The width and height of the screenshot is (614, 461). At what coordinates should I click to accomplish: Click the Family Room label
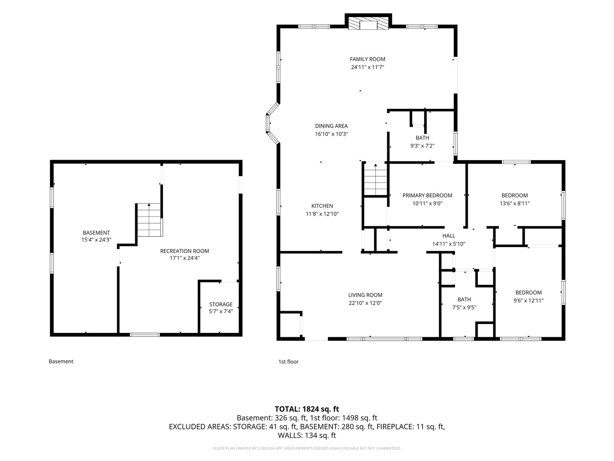point(367,59)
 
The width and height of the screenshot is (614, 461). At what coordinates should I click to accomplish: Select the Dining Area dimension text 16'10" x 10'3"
point(331,134)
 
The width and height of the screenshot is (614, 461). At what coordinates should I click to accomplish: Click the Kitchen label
point(322,206)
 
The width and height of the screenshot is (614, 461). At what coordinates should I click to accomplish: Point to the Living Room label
point(365,295)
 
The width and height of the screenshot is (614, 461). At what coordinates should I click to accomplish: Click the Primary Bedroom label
point(427,195)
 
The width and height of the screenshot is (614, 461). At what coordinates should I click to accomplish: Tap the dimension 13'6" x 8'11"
point(514,203)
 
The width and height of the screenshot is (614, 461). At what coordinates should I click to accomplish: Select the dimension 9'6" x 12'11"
point(528,301)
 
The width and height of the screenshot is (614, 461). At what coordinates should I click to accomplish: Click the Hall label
point(449,236)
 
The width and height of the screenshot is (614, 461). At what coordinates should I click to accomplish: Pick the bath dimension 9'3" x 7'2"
point(422,146)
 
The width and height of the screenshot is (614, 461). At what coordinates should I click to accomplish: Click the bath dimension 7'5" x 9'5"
point(464,307)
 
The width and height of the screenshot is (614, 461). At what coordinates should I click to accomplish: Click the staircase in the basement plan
point(149,220)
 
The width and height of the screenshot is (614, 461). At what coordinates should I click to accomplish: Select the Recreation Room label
point(184,251)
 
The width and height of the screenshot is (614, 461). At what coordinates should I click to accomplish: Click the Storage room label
point(221,304)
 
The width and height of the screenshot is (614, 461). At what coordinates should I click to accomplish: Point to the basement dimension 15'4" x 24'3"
point(96,239)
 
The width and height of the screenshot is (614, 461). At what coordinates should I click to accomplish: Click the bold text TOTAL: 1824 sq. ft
point(307,409)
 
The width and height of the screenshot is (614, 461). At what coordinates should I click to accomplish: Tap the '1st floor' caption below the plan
point(288,362)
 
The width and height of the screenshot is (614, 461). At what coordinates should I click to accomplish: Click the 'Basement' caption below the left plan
point(61,362)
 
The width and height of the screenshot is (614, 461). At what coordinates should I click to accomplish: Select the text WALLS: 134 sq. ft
point(307,435)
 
